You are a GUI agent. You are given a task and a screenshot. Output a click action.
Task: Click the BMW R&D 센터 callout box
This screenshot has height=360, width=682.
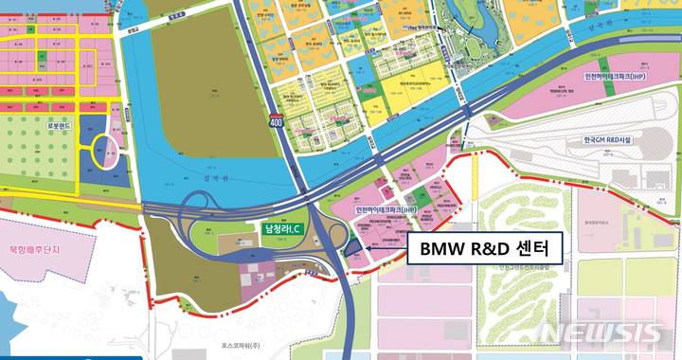pyautogui.click(x=484, y=249)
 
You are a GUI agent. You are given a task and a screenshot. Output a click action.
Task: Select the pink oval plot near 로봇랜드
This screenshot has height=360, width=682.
pyautogui.click(x=115, y=152)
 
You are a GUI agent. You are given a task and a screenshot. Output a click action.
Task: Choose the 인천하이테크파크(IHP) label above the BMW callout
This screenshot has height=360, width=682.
pyautogui.click(x=385, y=209)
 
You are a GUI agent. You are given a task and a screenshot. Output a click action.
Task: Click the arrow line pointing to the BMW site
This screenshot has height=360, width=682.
pyautogui.click(x=384, y=250)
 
